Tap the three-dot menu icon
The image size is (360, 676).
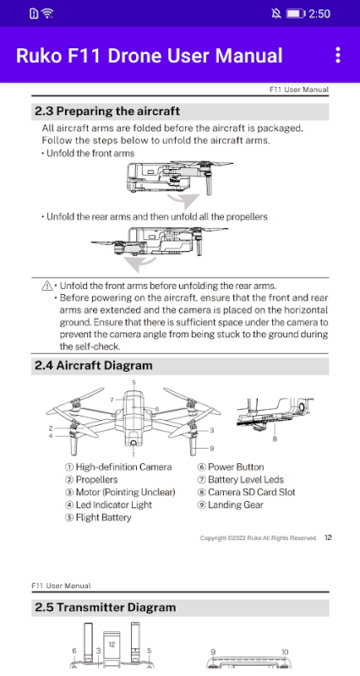tap(338, 55)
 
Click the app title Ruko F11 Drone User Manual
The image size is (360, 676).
tap(150, 56)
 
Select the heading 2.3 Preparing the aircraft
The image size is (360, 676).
tap(107, 112)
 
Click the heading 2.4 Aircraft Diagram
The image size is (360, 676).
tap(94, 366)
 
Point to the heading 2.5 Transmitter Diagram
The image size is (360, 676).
tap(105, 608)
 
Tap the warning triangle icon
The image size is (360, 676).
tap(47, 286)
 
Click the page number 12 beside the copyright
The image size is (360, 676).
tap(328, 537)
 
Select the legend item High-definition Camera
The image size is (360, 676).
tap(118, 467)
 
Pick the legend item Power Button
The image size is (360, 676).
tap(231, 467)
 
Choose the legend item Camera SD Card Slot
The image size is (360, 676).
tap(247, 492)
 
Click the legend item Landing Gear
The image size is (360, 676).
tap(230, 504)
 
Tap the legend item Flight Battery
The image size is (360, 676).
tap(98, 517)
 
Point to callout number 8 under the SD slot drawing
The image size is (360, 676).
tap(275, 439)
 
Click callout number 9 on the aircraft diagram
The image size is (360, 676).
tap(211, 449)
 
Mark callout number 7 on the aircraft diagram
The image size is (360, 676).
tap(112, 400)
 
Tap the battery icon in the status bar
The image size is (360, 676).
tap(296, 14)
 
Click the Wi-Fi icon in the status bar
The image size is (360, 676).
tap(47, 14)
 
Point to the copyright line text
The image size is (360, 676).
tap(259, 538)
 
